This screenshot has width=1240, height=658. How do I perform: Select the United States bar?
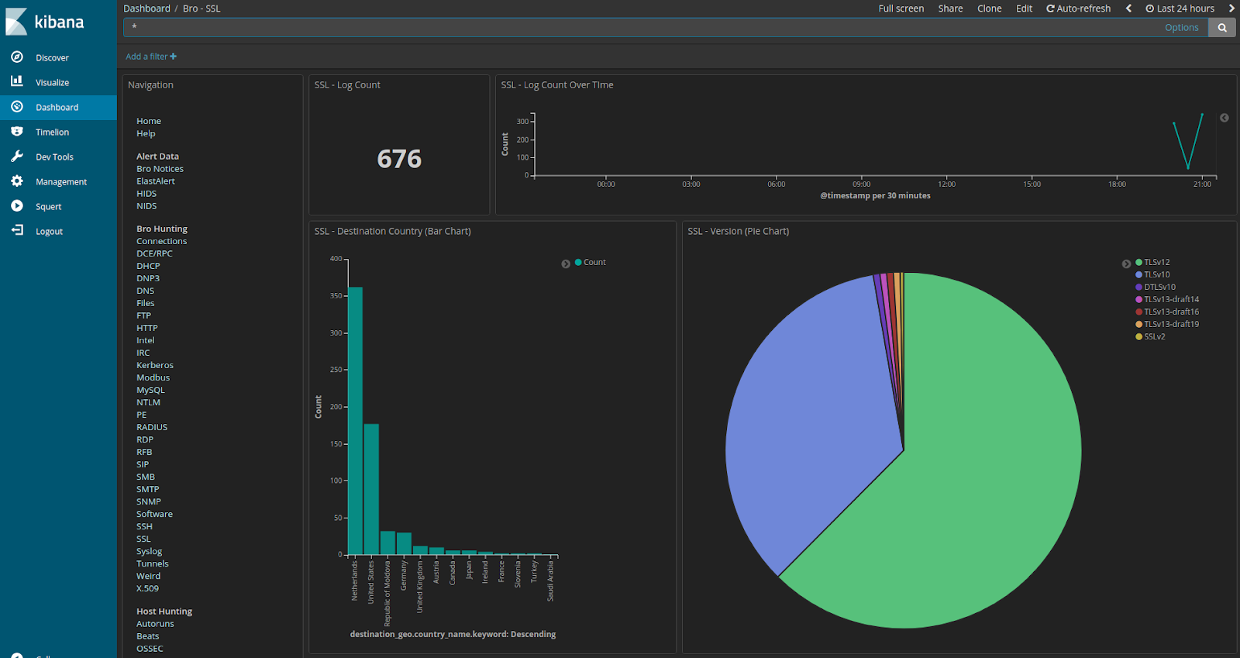pos(371,489)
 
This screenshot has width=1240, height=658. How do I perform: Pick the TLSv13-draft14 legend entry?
pos(1171,299)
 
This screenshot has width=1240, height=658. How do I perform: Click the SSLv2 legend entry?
pos(1154,336)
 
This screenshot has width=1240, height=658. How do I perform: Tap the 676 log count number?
pos(399,159)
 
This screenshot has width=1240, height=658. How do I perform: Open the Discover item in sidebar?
pos(52,57)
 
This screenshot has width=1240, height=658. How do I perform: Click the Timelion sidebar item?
pos(52,132)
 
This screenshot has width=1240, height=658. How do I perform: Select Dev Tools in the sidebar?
pos(54,157)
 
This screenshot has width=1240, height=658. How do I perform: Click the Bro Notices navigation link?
pos(160,168)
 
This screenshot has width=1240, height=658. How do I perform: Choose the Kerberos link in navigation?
pos(155,365)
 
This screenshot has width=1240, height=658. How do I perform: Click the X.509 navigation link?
pos(147,588)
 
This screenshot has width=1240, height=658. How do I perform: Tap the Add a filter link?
pos(151,57)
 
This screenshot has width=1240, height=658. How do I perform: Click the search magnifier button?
pos(1222,27)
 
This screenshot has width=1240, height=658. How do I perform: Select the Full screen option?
pos(901,9)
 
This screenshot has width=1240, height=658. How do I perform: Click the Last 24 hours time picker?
pos(1180,9)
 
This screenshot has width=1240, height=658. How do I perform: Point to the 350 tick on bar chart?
pos(336,296)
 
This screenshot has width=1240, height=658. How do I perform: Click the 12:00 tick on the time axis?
pos(946,184)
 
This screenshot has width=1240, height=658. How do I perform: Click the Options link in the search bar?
pos(1181,27)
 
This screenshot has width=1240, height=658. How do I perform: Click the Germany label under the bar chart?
pos(404,576)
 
